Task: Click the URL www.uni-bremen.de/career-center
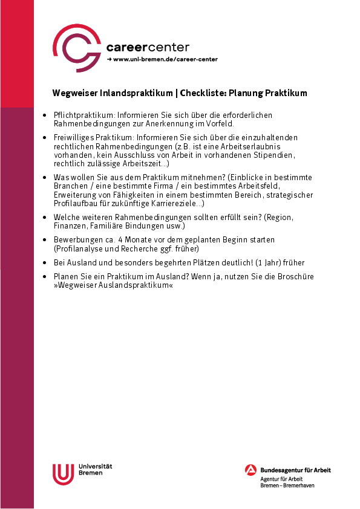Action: [165, 59]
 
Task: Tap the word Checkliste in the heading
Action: [203, 93]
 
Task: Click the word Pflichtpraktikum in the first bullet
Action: [76, 114]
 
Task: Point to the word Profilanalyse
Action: [79, 248]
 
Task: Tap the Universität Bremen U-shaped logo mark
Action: [63, 473]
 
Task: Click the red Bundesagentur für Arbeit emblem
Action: [251, 470]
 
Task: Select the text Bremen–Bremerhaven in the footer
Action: [287, 485]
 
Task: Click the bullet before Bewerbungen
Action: [46, 240]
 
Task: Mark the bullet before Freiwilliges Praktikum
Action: [46, 138]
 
